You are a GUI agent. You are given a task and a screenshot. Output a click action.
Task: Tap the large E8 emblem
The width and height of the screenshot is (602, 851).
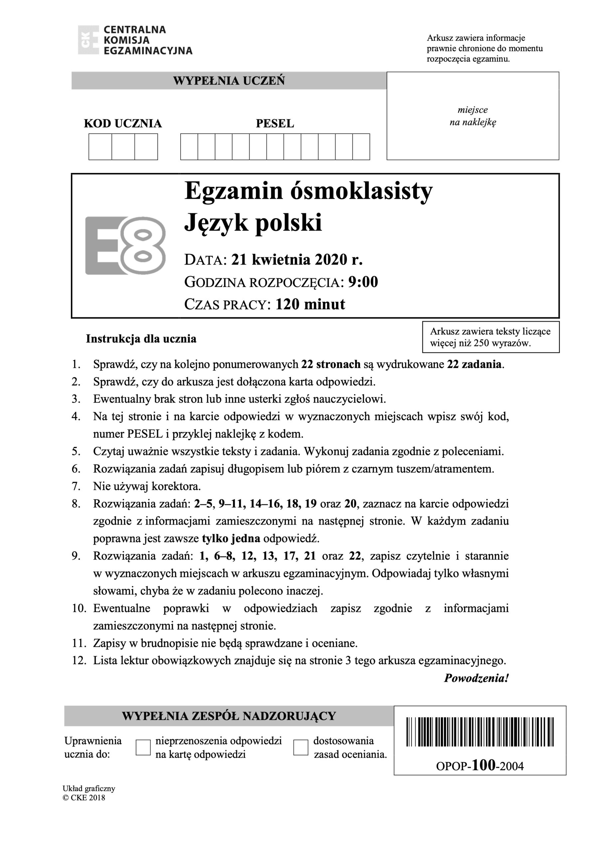[x=125, y=245]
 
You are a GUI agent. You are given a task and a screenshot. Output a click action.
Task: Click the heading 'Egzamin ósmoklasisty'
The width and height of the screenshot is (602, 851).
[x=308, y=191]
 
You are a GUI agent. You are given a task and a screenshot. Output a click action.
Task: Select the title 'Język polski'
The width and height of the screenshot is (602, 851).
[x=253, y=223]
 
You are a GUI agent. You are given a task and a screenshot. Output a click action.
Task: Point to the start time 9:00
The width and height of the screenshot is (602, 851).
[x=363, y=282]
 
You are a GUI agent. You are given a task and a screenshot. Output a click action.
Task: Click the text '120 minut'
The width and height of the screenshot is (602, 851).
[x=310, y=304]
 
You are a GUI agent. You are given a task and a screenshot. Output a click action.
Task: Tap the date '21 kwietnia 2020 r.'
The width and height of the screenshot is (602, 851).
[x=297, y=260]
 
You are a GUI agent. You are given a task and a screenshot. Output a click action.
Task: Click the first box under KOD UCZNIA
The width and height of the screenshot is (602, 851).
[x=100, y=147]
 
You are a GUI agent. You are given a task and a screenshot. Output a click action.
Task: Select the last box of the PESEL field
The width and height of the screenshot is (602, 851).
[x=361, y=147]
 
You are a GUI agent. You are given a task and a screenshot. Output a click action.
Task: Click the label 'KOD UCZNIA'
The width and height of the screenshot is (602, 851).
[x=123, y=123]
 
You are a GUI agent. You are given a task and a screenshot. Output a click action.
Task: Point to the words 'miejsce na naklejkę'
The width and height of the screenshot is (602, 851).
[x=473, y=116]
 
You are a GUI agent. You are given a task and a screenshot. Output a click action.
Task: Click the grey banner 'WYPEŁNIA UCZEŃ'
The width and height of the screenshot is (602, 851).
[x=229, y=81]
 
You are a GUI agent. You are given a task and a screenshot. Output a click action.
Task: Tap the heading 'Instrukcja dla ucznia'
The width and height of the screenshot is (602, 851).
[x=141, y=339]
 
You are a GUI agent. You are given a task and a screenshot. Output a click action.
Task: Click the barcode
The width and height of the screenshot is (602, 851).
[x=480, y=732]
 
